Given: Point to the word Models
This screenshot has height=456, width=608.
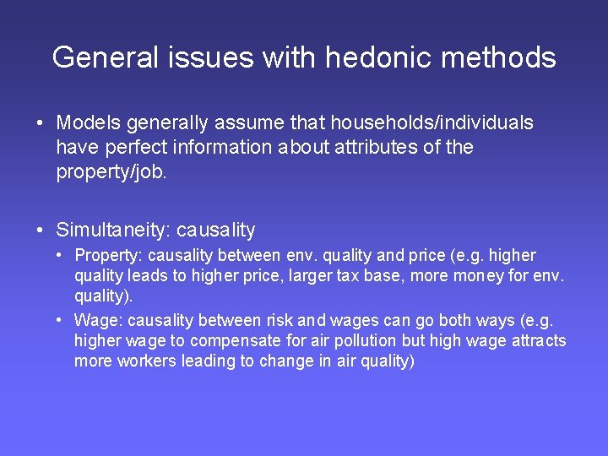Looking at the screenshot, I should click(x=89, y=123).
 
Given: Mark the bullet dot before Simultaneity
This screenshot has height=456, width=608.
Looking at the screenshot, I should click(x=41, y=230).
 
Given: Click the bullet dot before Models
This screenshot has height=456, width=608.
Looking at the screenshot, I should click(x=41, y=123).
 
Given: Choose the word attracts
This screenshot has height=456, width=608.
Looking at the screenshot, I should click(x=537, y=341).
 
